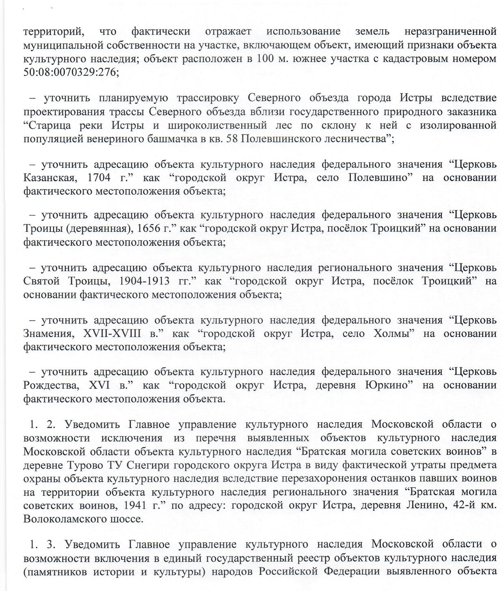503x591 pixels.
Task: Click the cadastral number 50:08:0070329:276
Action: click(71, 73)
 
